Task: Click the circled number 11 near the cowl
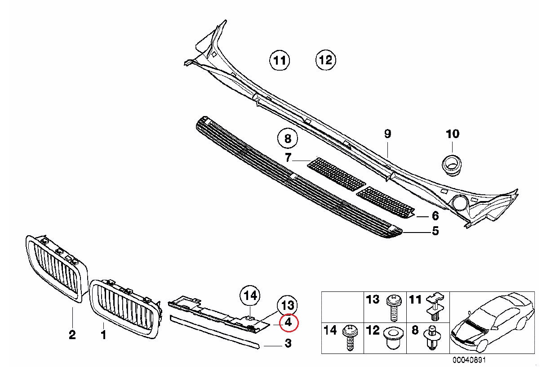(280, 60)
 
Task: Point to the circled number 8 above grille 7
(288, 139)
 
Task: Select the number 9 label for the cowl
(388, 134)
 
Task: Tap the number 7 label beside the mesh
(289, 157)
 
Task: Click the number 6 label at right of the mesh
(435, 216)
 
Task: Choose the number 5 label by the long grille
(435, 231)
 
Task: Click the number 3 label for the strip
(288, 344)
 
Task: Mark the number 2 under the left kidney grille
(72, 335)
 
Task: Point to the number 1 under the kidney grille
(103, 335)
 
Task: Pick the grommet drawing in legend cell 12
(392, 337)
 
